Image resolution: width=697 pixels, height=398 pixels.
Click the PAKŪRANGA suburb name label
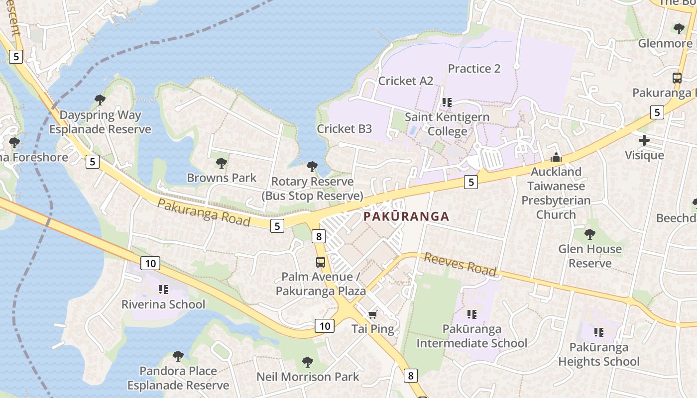coord(406,216)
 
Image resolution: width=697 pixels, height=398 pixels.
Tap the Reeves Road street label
coord(460,264)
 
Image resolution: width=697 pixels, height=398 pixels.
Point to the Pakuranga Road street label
coord(204,212)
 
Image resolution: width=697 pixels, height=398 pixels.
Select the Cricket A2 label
coord(406,81)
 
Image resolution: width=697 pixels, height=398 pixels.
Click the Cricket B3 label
coord(345,129)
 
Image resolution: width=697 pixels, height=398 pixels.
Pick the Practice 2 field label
coord(474,69)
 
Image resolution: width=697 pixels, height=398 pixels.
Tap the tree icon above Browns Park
coord(222,163)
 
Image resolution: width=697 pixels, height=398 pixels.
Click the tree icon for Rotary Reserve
coord(312,166)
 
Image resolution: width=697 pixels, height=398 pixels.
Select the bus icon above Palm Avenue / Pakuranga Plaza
coord(321,262)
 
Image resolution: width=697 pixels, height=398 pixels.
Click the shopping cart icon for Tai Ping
coord(372,314)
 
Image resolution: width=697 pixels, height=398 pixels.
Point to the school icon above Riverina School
coord(163,289)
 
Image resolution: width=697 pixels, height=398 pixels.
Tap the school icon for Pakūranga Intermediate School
coord(471,314)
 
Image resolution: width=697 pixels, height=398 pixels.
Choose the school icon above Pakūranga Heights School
coord(598,332)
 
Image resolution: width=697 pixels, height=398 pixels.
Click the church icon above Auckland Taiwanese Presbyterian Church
coord(556,158)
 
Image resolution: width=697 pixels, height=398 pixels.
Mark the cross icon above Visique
coord(644,140)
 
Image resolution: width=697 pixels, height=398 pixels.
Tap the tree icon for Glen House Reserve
coord(590,234)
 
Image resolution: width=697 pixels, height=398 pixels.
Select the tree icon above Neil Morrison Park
coord(308,362)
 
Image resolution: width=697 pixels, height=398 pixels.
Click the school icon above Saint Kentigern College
coord(447,102)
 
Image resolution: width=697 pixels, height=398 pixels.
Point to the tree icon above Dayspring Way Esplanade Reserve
coord(100,100)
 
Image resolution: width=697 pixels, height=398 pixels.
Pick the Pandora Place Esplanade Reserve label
coord(178,378)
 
